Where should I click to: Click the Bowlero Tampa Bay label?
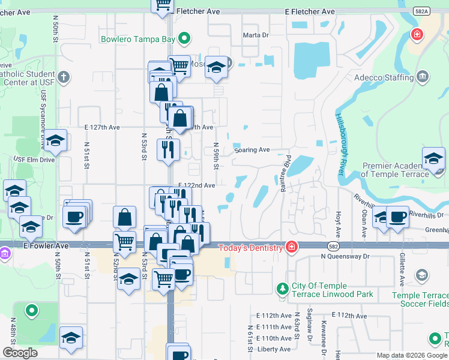click(x=137, y=40)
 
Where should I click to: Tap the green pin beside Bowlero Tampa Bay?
click(x=185, y=40)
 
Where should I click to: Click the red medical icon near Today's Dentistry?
click(x=291, y=247)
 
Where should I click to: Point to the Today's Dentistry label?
click(x=250, y=248)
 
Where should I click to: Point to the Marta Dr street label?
click(x=256, y=35)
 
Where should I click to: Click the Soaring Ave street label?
click(x=252, y=150)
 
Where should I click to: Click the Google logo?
click(x=20, y=352)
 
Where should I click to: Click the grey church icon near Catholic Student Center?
click(x=64, y=77)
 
